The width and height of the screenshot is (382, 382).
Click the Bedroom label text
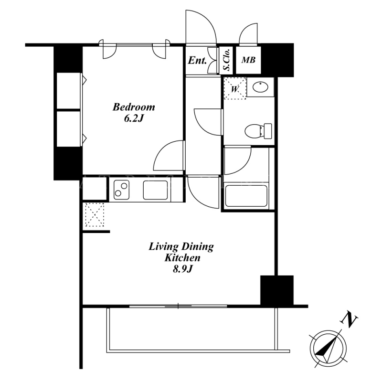134,107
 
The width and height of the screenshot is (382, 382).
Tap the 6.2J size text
134,118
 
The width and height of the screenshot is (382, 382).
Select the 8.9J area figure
182,269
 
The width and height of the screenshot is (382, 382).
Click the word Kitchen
182,258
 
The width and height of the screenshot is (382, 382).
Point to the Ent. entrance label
197,60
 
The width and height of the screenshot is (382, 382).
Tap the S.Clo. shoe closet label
227,60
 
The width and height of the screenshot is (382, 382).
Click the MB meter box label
248,60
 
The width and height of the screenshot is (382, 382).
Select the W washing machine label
234,89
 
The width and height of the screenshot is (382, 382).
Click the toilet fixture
258,131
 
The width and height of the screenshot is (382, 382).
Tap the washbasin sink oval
260,87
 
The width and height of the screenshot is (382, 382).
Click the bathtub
246,196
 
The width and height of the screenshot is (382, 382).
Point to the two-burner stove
121,190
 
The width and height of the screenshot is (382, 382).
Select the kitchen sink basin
155,190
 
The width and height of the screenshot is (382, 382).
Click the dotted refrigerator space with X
95,214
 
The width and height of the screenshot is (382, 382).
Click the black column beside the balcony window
277,290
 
